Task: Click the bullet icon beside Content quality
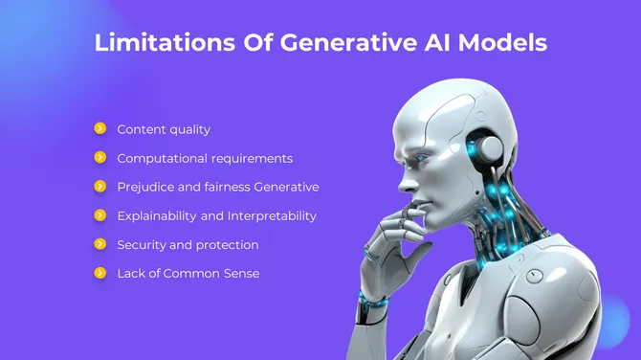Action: pyautogui.click(x=99, y=128)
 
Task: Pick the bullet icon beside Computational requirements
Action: pyautogui.click(x=99, y=157)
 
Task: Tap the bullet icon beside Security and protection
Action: pyautogui.click(x=99, y=244)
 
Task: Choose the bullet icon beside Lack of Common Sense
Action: pyautogui.click(x=99, y=273)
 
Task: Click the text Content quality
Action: pyautogui.click(x=164, y=129)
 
